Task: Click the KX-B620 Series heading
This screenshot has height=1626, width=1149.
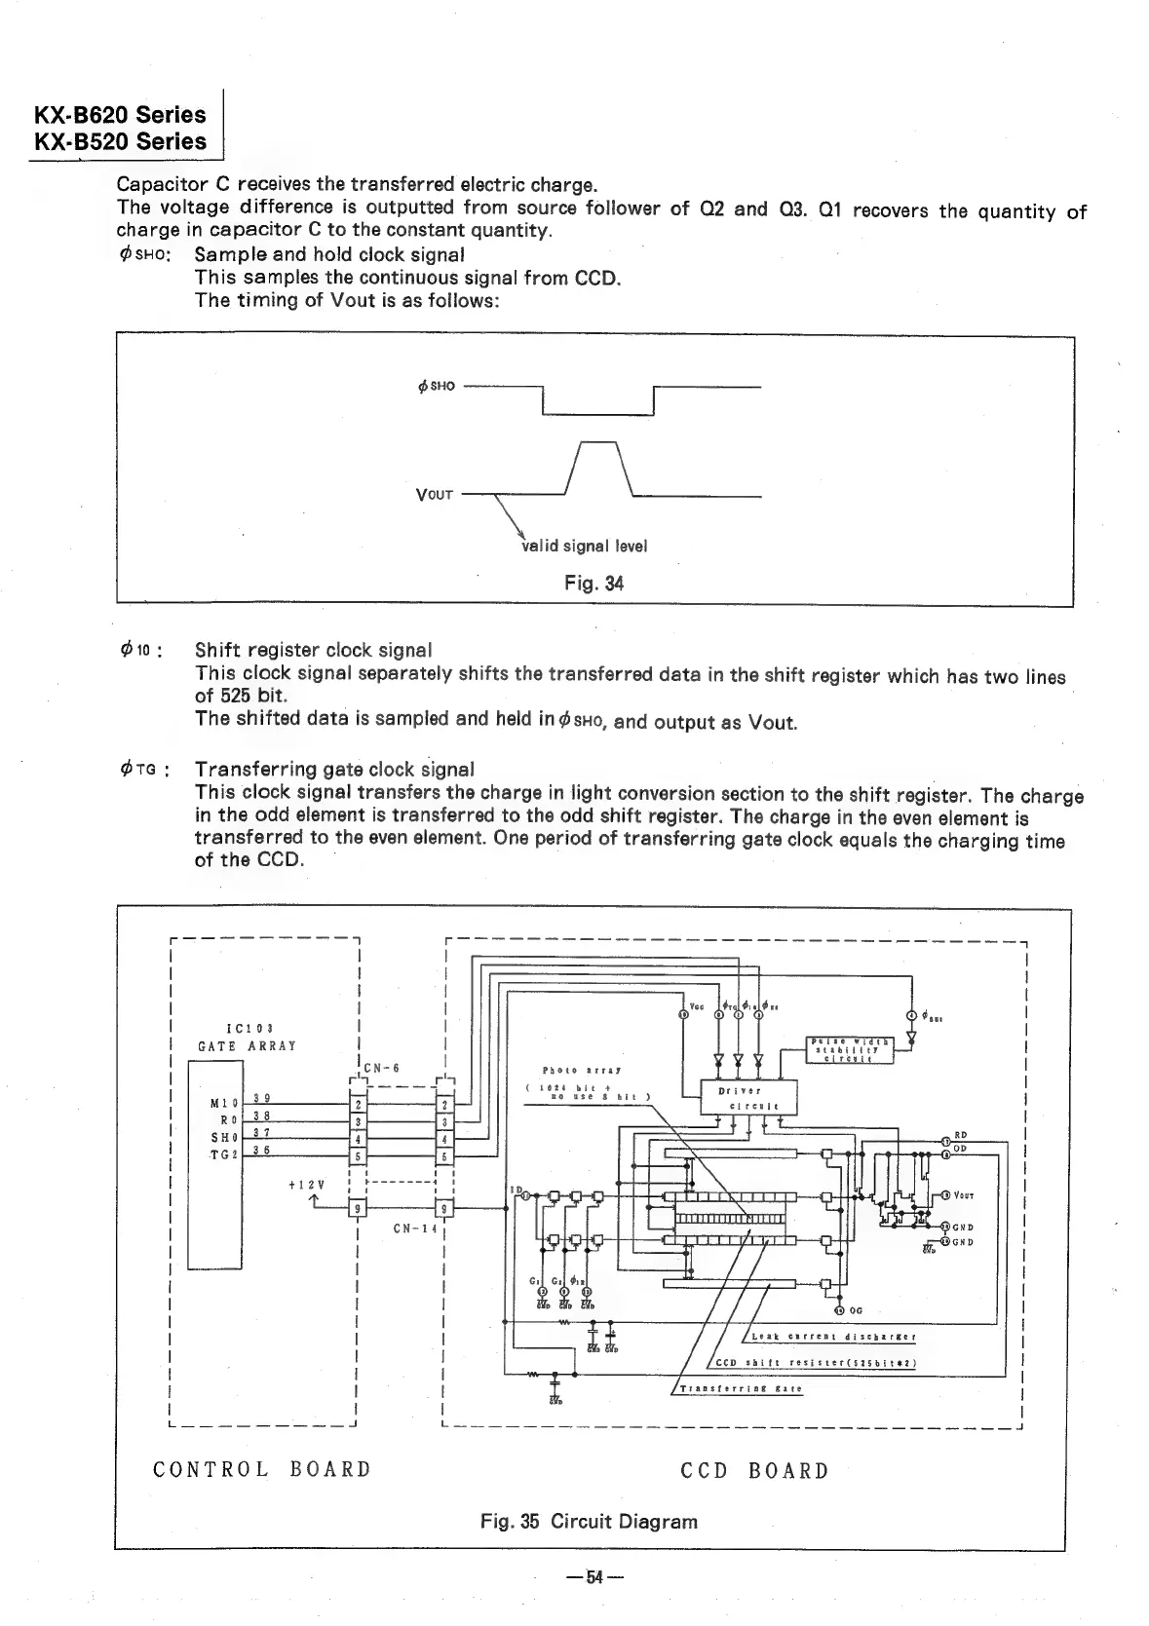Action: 121,114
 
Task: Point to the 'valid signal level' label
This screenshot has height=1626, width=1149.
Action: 585,546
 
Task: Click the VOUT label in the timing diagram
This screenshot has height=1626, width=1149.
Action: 435,495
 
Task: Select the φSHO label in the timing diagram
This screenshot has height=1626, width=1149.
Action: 436,386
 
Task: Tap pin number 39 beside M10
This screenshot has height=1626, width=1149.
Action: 260,1099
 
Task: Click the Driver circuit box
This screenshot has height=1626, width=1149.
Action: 748,1097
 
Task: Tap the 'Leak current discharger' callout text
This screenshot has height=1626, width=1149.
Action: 833,1337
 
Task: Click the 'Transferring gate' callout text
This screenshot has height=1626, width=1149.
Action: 741,1389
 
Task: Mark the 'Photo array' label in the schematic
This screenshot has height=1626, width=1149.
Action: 582,1069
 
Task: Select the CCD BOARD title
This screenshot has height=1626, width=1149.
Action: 754,1471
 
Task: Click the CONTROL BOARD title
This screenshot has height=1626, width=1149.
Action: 262,1469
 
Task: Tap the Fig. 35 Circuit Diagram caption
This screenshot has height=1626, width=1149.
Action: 589,1521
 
